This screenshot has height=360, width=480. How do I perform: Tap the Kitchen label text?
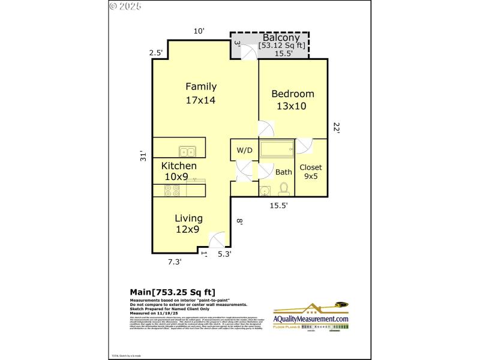click(x=179, y=166)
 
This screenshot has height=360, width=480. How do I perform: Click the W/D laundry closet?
click(x=244, y=150)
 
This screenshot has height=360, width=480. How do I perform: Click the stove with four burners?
click(x=173, y=190)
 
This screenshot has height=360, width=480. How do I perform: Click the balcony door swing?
click(x=248, y=52)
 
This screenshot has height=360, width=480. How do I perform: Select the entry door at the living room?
click(x=217, y=241)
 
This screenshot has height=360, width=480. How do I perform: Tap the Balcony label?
click(x=281, y=37)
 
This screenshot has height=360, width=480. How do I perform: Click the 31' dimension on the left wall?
click(x=143, y=156)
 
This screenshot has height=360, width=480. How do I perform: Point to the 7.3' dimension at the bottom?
click(x=174, y=262)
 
